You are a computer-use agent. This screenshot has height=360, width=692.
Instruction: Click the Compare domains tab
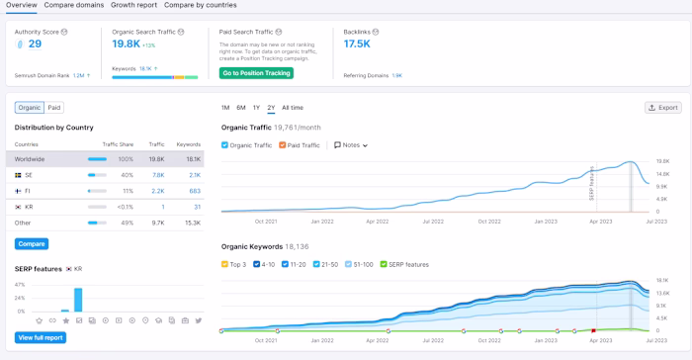[x=74, y=5]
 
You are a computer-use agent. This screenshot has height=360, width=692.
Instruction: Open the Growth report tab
[x=133, y=5]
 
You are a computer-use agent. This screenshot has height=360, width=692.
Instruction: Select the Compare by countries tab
[x=201, y=5]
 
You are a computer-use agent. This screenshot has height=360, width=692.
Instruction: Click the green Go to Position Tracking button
[x=256, y=73]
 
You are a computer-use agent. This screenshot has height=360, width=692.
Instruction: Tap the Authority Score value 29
[x=35, y=44]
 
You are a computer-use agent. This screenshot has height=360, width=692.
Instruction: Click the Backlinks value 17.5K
[x=357, y=44]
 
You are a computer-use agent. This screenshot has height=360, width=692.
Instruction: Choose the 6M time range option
[x=241, y=107]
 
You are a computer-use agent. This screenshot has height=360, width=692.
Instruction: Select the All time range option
[x=293, y=107]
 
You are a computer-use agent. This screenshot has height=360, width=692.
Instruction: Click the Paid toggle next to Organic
[x=54, y=108]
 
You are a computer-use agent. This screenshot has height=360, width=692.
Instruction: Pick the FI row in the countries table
[x=30, y=190]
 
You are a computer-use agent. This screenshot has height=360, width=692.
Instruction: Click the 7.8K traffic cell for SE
[x=157, y=174]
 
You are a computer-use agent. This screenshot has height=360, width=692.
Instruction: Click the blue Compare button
[x=32, y=243]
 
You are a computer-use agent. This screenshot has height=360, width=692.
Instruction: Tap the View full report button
[x=41, y=337]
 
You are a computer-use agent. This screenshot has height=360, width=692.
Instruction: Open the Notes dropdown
[x=351, y=145]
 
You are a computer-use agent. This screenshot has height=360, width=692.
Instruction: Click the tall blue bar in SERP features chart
[x=78, y=300]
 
